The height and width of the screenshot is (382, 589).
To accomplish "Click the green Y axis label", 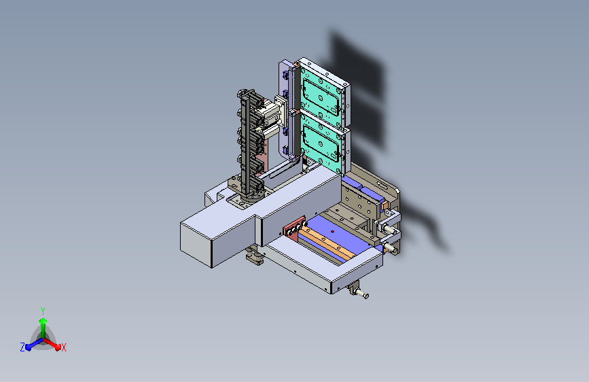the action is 42,311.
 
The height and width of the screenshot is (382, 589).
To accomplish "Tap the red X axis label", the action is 63,348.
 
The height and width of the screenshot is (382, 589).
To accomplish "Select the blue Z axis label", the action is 22,347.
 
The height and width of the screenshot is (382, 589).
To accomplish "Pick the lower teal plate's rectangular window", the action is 322,143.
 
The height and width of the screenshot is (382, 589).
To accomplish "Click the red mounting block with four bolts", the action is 293,228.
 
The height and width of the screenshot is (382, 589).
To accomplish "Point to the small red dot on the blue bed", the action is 332,232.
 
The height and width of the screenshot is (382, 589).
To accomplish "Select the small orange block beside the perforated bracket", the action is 385,205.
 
